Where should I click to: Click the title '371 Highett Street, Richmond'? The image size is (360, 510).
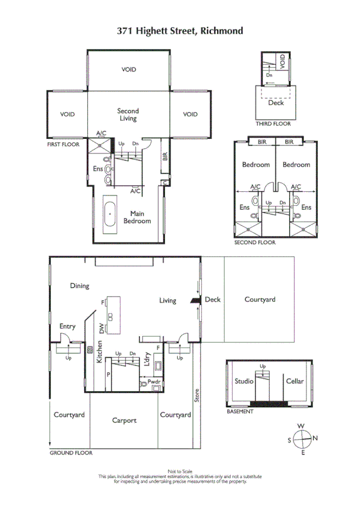pos(180,30)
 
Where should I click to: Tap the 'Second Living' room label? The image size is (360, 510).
pos(127,114)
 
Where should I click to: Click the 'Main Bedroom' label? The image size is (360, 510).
pos(137,217)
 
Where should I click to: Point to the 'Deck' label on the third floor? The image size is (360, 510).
pos(276,103)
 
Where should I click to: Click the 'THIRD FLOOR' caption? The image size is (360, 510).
pos(273,124)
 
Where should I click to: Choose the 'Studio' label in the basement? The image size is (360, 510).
pos(244,381)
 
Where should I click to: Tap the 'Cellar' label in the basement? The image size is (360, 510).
pos(295,381)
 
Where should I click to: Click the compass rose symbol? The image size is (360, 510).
pos(302,439)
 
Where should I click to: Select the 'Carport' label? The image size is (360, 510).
pos(124,420)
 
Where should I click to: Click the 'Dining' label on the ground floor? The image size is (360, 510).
pos(79,286)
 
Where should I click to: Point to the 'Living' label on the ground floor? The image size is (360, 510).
pos(168,300)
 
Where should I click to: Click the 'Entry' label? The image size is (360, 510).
pos(67,327)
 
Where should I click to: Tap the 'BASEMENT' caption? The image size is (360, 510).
pos(240,412)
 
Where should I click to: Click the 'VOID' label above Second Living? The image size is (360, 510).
pos(129,70)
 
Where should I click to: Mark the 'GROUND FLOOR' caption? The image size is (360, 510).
pos(71,453)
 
